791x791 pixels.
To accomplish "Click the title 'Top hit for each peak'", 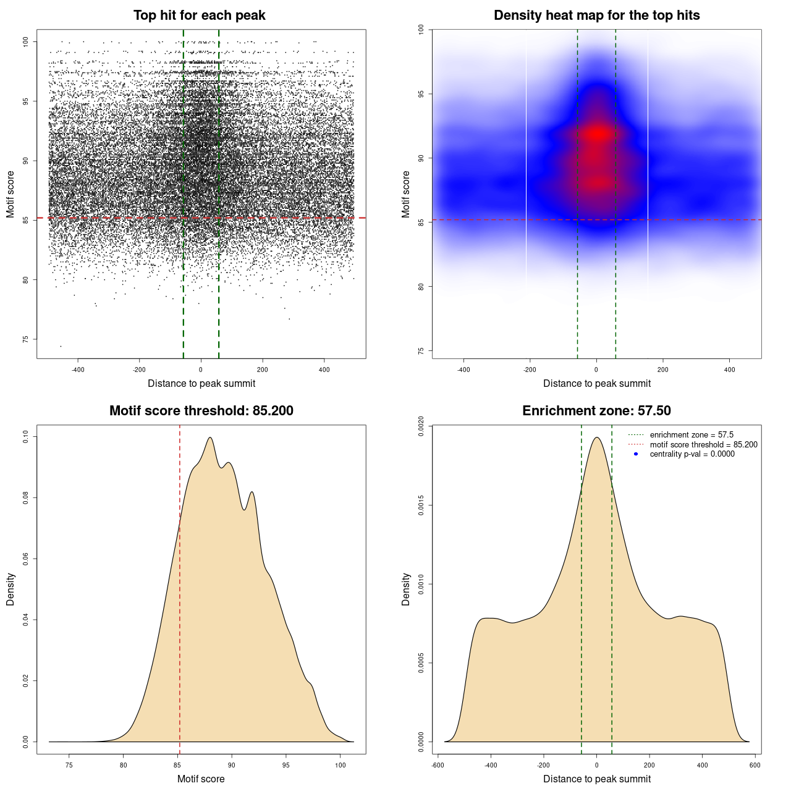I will pyautogui.click(x=200, y=15).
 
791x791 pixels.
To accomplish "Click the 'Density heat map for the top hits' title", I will pyautogui.click(x=596, y=15).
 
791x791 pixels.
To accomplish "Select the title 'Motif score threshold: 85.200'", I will pyautogui.click(x=201, y=411).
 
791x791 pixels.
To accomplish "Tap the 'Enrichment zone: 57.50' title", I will pyautogui.click(x=596, y=411).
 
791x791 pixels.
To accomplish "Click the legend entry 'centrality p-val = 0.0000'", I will pyautogui.click(x=692, y=454).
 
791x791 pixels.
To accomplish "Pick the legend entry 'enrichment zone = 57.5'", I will pyautogui.click(x=692, y=435).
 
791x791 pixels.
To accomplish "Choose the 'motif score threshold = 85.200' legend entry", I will pyautogui.click(x=703, y=445).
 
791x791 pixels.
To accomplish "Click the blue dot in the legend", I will pyautogui.click(x=636, y=454).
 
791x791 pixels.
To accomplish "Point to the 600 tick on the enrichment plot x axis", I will pyautogui.click(x=755, y=765).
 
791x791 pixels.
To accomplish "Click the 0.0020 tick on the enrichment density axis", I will pyautogui.click(x=421, y=426).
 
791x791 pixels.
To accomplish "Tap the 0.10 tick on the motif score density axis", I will pyautogui.click(x=25, y=437).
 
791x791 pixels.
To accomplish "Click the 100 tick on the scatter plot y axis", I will pyautogui.click(x=25, y=41).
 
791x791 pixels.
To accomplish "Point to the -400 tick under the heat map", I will pyautogui.click(x=463, y=370).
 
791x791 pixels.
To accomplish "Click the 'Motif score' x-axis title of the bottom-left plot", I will pyautogui.click(x=201, y=779).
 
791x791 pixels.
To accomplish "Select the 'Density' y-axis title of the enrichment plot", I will pyautogui.click(x=406, y=589).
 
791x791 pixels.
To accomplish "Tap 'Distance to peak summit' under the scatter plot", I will pyautogui.click(x=201, y=383).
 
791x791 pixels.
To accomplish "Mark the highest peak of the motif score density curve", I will pyautogui.click(x=210, y=438).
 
